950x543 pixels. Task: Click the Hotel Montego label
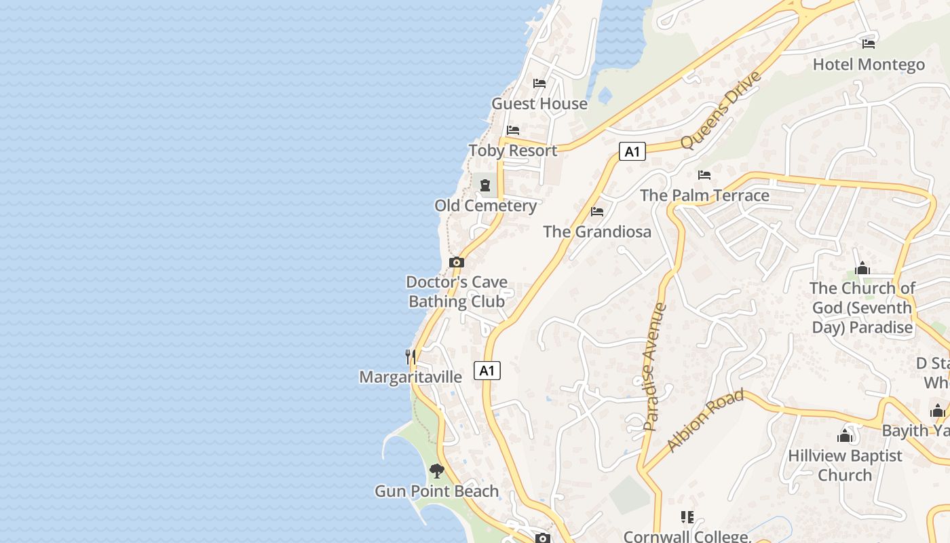[x=869, y=64]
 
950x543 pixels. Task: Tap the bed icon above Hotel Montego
[x=869, y=44]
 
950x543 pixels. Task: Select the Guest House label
[x=539, y=103]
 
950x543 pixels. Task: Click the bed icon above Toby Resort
[x=513, y=130]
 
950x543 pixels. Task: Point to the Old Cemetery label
[x=485, y=205]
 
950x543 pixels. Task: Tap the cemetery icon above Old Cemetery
[x=485, y=185]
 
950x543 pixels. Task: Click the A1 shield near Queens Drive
[x=632, y=151]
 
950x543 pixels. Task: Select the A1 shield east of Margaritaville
[x=487, y=371]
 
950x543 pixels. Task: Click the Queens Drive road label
[x=721, y=110]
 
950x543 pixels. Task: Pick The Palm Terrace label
[x=704, y=195]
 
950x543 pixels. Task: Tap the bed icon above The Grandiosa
[x=597, y=212]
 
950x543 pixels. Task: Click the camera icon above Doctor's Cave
[x=457, y=262]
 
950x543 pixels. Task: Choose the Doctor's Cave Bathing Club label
[x=457, y=292]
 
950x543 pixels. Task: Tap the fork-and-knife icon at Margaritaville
[x=410, y=356]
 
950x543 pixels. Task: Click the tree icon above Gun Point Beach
[x=437, y=470]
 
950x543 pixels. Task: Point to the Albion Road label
[x=705, y=421]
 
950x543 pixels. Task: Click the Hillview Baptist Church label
[x=845, y=465]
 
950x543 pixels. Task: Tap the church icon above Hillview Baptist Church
[x=845, y=435]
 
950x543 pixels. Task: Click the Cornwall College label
[x=687, y=536]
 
